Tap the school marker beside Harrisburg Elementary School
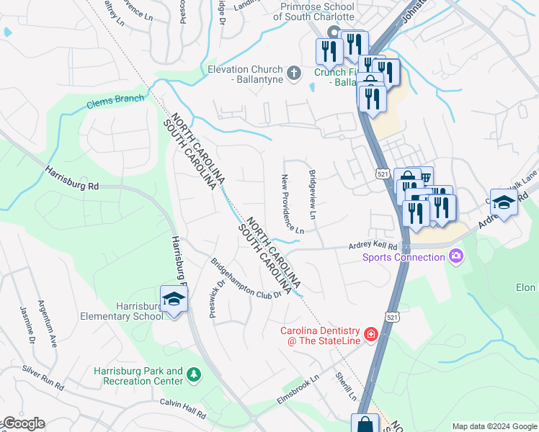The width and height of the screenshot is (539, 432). (174, 299)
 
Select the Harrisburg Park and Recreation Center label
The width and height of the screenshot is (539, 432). (138, 376)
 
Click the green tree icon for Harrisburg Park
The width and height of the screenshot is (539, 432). (193, 374)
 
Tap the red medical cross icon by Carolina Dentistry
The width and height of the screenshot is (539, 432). (370, 334)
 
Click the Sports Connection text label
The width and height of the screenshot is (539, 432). (404, 257)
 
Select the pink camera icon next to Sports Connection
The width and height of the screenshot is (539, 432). (455, 256)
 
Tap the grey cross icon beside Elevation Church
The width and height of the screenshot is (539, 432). (293, 72)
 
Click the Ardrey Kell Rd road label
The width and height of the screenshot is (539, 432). (373, 246)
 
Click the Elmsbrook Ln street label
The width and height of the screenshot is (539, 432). (298, 390)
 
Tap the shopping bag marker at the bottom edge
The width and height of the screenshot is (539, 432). (365, 424)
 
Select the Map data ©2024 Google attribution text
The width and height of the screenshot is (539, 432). (494, 426)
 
